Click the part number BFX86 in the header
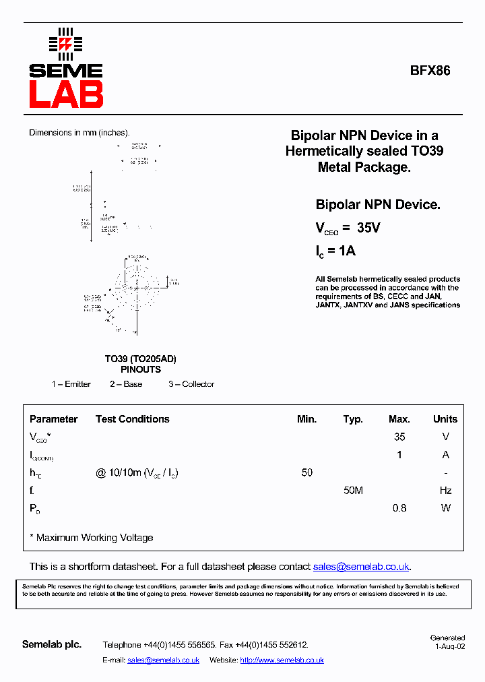click(x=430, y=70)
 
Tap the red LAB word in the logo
click(x=65, y=94)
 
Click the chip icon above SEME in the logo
click(x=65, y=44)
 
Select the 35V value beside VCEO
click(x=368, y=228)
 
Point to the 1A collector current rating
click(x=346, y=251)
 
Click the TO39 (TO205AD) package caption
click(x=141, y=359)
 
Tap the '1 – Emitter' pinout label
click(x=71, y=384)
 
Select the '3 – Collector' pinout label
click(x=191, y=384)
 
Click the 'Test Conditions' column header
click(x=133, y=419)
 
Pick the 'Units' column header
click(x=445, y=419)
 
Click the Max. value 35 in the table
click(x=399, y=437)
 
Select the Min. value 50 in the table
click(x=307, y=472)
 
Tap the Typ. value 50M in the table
click(x=353, y=491)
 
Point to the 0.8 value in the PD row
click(x=399, y=508)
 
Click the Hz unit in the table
click(x=445, y=491)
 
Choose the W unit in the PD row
click(x=445, y=508)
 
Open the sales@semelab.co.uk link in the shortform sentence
click(x=362, y=567)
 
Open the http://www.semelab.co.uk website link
click(x=282, y=660)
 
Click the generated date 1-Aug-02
click(x=449, y=646)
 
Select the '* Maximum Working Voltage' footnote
click(x=92, y=538)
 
